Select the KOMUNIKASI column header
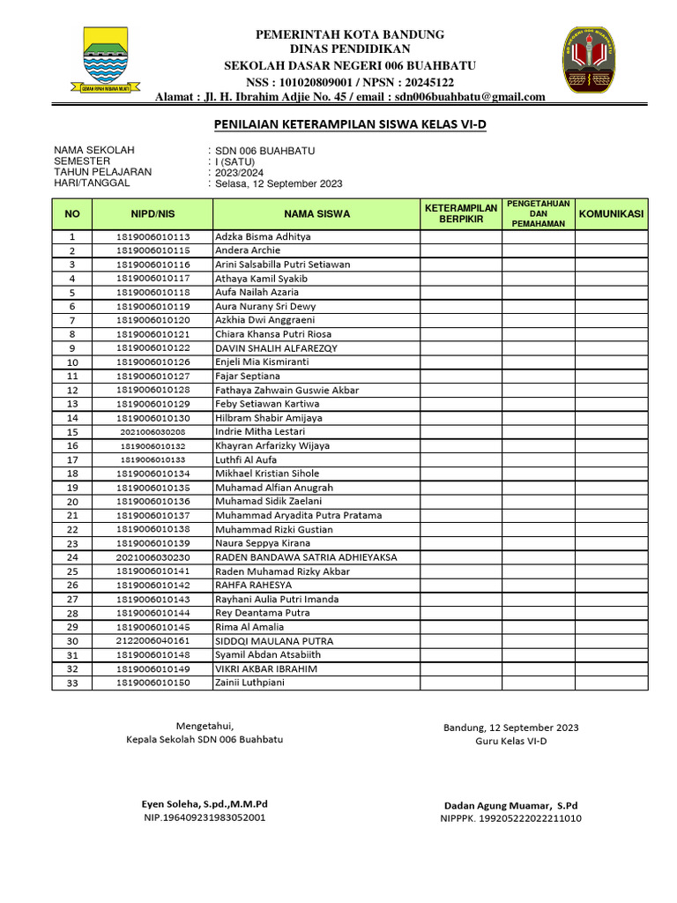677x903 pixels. click(611, 213)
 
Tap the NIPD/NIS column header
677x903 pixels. click(153, 213)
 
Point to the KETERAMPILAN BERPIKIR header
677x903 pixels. click(461, 213)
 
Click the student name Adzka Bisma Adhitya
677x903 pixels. click(263, 236)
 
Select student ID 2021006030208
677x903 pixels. click(153, 432)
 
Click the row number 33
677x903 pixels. click(73, 683)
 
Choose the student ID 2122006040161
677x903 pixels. click(153, 641)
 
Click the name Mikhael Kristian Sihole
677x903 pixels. click(269, 474)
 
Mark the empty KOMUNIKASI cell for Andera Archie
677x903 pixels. click(611, 250)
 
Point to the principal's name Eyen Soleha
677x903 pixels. click(205, 804)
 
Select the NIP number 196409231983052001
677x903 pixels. click(205, 817)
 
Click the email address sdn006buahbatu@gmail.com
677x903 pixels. click(469, 97)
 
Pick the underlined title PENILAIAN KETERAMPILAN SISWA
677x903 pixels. click(351, 125)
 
